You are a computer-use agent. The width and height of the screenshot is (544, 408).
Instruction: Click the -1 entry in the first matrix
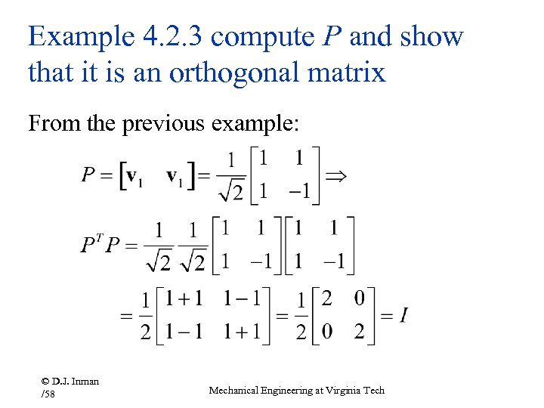(300, 192)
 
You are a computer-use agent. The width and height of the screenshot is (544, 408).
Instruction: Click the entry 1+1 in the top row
(184, 298)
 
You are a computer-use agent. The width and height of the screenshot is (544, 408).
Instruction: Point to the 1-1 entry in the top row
(243, 298)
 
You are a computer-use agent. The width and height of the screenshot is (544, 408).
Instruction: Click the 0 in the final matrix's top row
(360, 298)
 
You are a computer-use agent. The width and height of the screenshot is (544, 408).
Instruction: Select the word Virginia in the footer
(335, 390)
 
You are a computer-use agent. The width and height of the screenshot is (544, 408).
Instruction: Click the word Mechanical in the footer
(234, 390)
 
